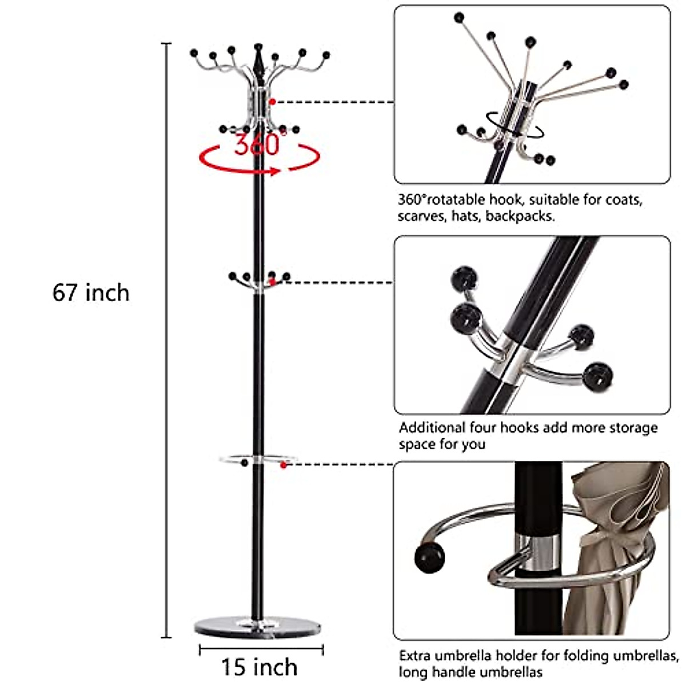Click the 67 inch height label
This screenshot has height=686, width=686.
[91, 293]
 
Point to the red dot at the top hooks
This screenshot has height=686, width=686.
[273, 102]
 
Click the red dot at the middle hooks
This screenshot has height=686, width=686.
[273, 282]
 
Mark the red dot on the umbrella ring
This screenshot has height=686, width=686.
[283, 465]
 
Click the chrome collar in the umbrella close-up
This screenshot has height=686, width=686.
[537, 552]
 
